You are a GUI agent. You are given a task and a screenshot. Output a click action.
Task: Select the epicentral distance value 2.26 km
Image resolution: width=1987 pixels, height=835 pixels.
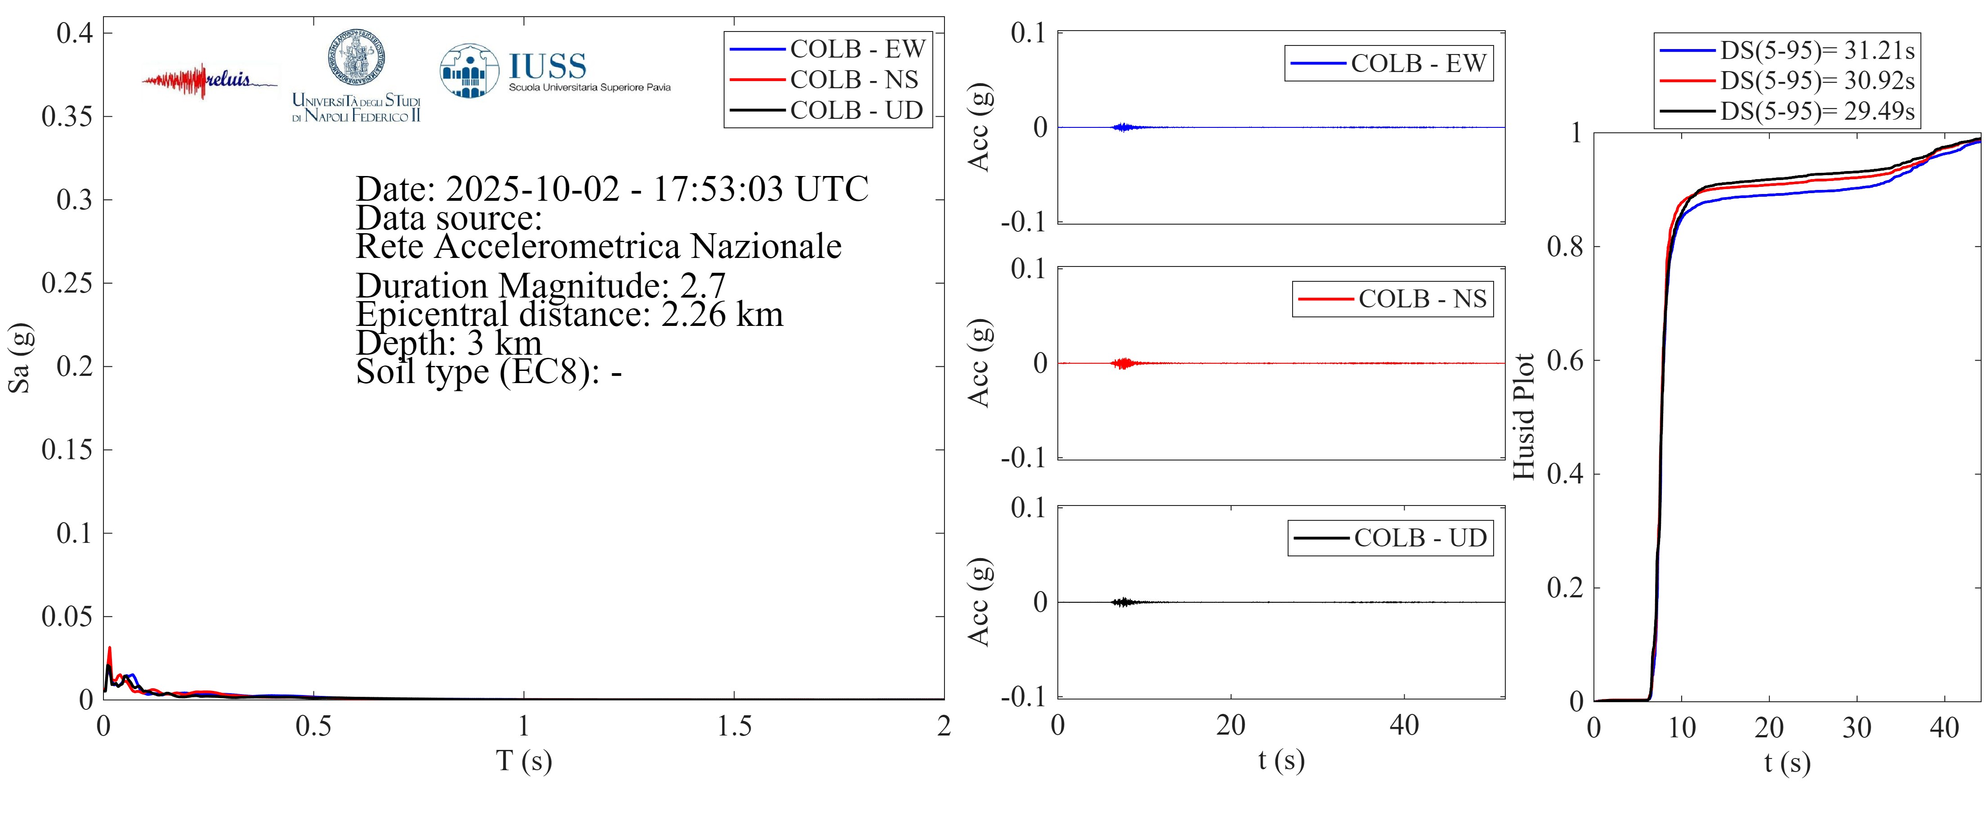coord(722,315)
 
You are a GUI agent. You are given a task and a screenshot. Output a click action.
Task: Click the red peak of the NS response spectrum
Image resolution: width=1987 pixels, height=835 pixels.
coord(110,649)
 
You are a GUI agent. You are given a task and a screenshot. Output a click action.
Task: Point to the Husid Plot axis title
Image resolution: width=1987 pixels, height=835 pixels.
coord(1523,417)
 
